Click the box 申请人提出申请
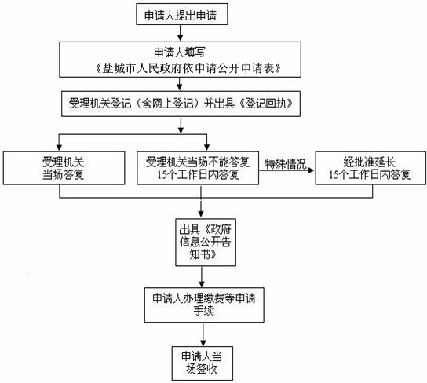[x=182, y=14]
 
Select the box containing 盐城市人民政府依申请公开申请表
[x=180, y=60]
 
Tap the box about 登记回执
[x=181, y=104]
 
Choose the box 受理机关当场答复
[x=64, y=168]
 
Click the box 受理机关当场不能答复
[x=198, y=168]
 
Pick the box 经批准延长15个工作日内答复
[x=370, y=168]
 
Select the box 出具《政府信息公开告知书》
[x=206, y=242]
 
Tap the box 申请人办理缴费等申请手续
[x=204, y=305]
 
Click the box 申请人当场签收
[x=203, y=363]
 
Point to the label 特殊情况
[x=286, y=164]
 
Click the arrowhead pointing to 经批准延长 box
[x=311, y=170]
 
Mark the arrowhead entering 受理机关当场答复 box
[x=59, y=148]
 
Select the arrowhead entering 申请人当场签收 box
[x=203, y=343]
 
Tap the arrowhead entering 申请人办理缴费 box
[x=202, y=284]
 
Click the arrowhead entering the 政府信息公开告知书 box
[x=201, y=214]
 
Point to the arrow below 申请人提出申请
[x=180, y=33]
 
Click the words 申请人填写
[x=179, y=52]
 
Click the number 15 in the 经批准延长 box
[x=334, y=175]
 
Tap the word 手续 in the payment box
[x=204, y=311]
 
